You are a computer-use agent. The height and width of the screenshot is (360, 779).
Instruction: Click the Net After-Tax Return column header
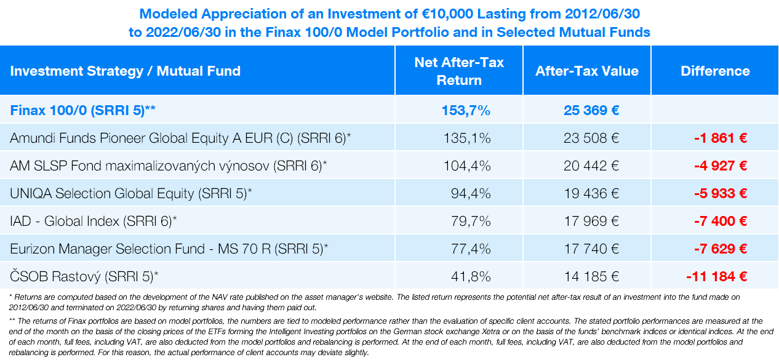click(459, 71)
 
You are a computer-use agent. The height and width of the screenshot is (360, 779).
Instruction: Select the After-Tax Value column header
click(586, 71)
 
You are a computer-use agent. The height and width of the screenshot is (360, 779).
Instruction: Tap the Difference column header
click(715, 71)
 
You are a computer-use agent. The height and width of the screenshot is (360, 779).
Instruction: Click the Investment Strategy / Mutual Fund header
click(125, 71)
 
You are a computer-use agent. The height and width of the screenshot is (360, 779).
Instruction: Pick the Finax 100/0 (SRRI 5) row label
click(82, 111)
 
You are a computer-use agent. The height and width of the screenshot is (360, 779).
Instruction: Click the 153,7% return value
click(466, 111)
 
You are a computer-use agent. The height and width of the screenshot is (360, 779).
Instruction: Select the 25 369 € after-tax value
click(591, 111)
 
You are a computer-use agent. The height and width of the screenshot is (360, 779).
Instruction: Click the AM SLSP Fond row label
click(168, 166)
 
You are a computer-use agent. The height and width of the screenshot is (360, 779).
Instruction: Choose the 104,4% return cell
click(467, 166)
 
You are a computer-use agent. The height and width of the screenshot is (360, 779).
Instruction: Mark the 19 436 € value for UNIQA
click(591, 194)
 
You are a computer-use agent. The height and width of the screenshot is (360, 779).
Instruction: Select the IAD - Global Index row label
click(94, 222)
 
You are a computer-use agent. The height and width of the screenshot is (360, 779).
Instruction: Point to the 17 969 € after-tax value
click(591, 222)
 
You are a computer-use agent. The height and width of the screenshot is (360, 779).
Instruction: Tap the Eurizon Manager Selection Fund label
click(169, 249)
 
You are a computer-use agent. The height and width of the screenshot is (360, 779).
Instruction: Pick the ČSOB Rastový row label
click(84, 277)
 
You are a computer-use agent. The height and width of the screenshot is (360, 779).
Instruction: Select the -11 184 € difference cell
click(716, 277)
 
